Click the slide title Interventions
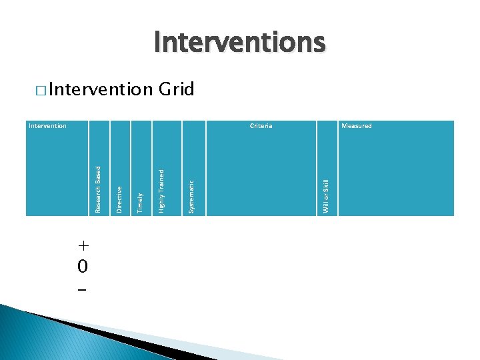click(x=239, y=43)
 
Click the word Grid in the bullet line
click(x=176, y=89)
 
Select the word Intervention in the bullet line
click(x=100, y=89)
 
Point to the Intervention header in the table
click(x=47, y=126)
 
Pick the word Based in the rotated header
click(x=98, y=175)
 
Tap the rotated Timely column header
click(x=140, y=202)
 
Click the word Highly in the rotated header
click(x=161, y=201)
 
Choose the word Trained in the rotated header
click(x=161, y=179)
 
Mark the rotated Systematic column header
click(x=191, y=197)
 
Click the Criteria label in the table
click(x=261, y=126)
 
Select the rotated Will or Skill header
click(x=326, y=196)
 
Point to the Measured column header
click(x=356, y=126)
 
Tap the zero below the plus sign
click(x=81, y=267)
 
